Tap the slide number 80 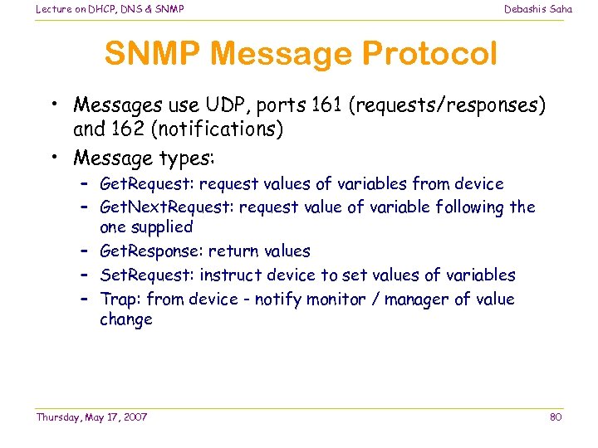coord(556,416)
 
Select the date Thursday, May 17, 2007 coord(91,416)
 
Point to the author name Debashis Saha coord(538,9)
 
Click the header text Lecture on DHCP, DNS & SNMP coord(110,9)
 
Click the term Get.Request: coord(147,183)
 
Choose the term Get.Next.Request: coord(166,207)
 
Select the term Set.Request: coord(148,275)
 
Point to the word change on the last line coord(126,319)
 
